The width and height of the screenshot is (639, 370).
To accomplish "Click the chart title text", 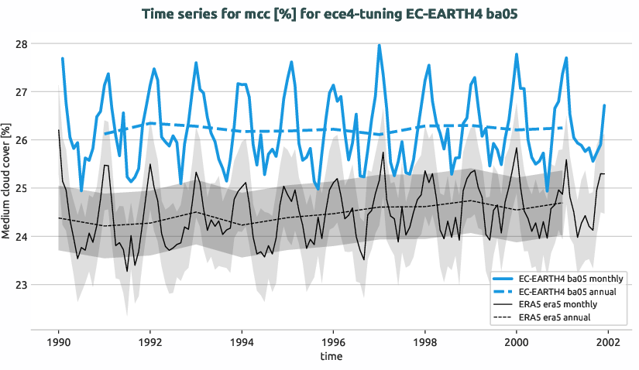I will point(319,13).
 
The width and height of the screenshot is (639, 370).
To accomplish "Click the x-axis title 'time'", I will point(333,357).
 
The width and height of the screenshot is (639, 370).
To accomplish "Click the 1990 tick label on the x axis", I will point(59,341).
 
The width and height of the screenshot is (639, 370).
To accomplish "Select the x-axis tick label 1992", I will point(150,341).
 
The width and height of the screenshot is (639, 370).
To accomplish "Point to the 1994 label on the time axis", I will point(242,341).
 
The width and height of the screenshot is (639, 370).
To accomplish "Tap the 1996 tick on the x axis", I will point(333,341).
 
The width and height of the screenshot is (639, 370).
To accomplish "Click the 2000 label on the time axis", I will point(517,341).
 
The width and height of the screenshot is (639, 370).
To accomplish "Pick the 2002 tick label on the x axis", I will point(608,341).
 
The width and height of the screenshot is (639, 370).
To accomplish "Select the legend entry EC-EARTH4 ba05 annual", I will point(569,291).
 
